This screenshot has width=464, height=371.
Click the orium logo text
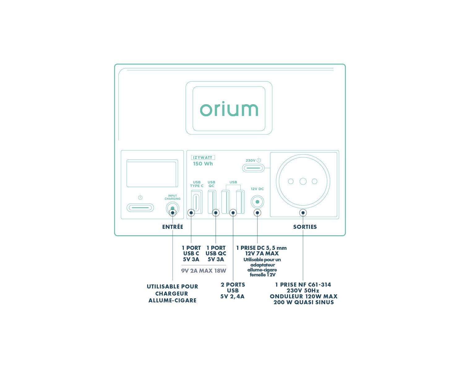(x=229, y=109)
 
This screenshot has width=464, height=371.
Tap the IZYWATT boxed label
(x=203, y=158)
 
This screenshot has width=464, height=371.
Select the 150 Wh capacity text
(x=203, y=164)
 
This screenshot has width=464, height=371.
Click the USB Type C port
(x=197, y=202)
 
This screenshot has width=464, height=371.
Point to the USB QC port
(x=212, y=202)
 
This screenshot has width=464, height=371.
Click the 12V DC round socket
(x=257, y=202)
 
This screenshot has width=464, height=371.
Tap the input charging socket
(x=173, y=208)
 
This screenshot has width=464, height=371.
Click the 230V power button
(x=253, y=168)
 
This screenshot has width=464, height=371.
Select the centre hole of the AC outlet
(x=303, y=181)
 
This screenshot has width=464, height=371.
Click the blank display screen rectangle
(x=152, y=173)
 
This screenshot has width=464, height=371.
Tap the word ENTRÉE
(x=173, y=227)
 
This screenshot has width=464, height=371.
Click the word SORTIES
(x=305, y=227)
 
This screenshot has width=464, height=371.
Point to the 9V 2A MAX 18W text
(x=204, y=271)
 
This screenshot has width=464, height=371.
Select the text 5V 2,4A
(x=232, y=296)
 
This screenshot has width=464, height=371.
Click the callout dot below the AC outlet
(x=303, y=213)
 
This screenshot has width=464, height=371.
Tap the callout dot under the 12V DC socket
(x=257, y=213)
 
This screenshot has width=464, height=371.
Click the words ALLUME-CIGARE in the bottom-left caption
(x=173, y=301)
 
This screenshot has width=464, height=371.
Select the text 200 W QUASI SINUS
(x=303, y=302)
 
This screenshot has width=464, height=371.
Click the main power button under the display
(x=140, y=207)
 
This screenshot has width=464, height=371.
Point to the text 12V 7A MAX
(x=262, y=254)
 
